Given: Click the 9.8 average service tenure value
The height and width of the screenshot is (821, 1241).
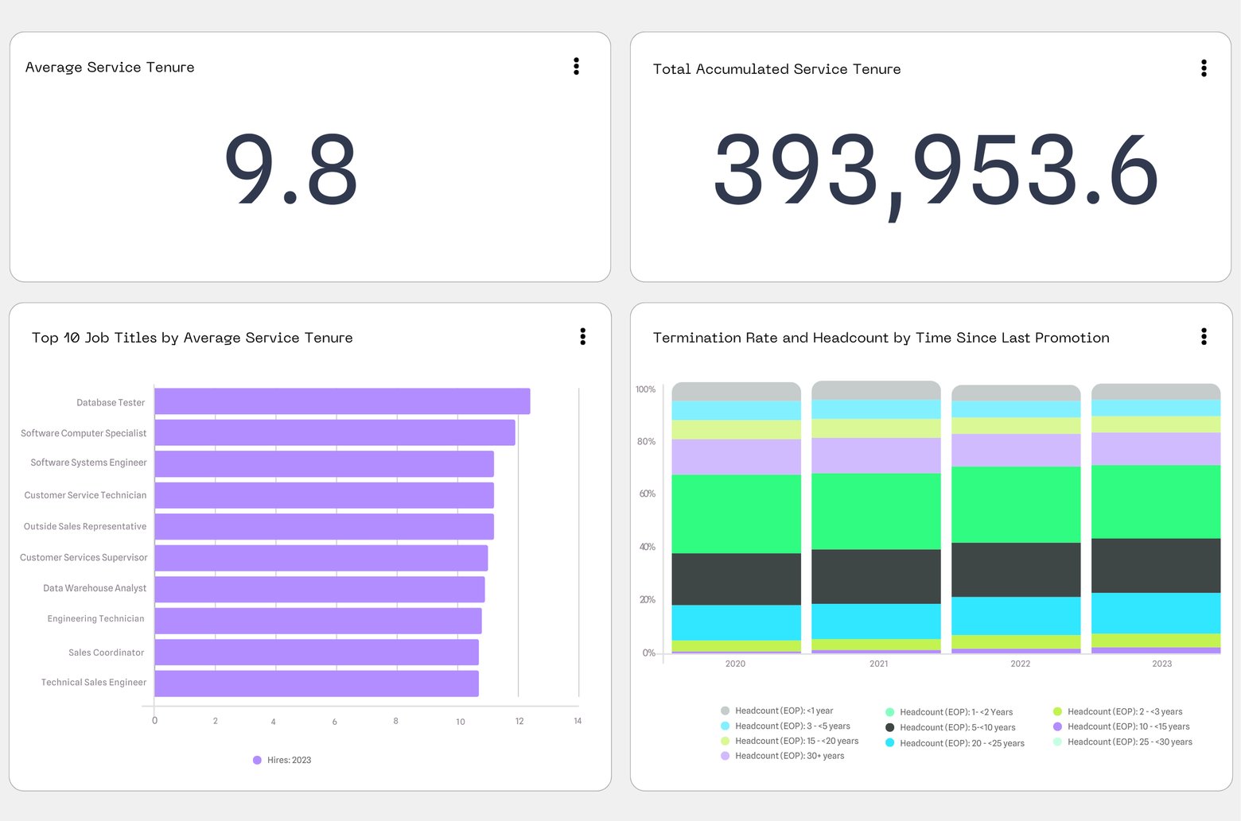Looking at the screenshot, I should [x=290, y=168].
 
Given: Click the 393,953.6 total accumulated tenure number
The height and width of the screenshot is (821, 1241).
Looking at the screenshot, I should [x=935, y=170].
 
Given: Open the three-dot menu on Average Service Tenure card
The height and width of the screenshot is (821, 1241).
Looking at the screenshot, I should [x=576, y=66].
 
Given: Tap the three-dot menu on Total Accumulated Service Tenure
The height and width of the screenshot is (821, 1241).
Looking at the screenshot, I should [x=1203, y=68].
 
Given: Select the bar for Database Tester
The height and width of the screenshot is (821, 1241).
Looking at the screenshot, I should [x=342, y=401].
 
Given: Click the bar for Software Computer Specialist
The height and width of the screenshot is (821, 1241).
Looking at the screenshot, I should [x=334, y=432].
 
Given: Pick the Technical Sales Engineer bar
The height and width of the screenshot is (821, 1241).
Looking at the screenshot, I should [x=317, y=683].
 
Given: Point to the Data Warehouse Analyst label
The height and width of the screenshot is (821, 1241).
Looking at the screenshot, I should [x=95, y=588].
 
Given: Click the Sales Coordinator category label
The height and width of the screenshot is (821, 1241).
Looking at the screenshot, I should [x=106, y=653].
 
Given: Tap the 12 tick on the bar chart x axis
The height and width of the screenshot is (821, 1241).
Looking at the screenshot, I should [x=519, y=721].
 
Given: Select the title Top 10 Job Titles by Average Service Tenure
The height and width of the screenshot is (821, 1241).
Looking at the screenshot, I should [x=192, y=338].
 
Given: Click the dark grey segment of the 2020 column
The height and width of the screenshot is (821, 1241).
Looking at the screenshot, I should [x=736, y=579].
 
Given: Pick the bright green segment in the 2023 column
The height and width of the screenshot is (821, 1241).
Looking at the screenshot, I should [x=1155, y=502].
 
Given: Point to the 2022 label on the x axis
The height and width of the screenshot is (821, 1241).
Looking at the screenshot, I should [x=1020, y=664].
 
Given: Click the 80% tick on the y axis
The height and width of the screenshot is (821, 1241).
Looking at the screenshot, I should [x=646, y=441].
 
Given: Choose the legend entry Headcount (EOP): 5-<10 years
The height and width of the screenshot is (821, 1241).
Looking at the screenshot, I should [x=951, y=727].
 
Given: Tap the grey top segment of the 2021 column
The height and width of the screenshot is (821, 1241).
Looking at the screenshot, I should [x=876, y=390].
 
